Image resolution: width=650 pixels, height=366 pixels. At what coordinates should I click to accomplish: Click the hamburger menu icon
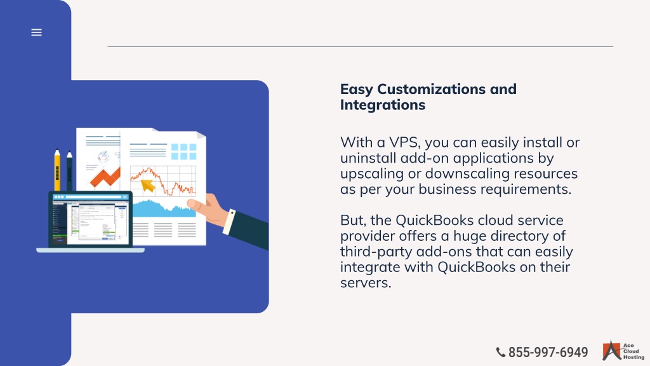pyautogui.click(x=36, y=32)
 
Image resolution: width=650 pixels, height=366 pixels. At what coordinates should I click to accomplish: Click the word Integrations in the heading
pyautogui.click(x=383, y=105)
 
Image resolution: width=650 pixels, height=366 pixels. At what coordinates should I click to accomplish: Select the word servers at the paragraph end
pyautogui.click(x=366, y=283)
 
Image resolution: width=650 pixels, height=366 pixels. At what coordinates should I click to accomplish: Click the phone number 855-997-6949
pyautogui.click(x=548, y=352)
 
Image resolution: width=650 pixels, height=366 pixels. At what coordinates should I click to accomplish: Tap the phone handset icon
pyautogui.click(x=501, y=352)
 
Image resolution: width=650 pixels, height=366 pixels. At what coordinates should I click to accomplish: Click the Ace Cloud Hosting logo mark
pyautogui.click(x=611, y=351)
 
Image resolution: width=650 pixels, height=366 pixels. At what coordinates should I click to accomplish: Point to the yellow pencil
pyautogui.click(x=57, y=170)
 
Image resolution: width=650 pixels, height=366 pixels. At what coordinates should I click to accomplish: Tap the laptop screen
pyautogui.click(x=90, y=219)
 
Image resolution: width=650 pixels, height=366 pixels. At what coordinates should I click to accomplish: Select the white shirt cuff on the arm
pyautogui.click(x=229, y=222)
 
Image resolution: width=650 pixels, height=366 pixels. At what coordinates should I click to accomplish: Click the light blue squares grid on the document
pyautogui.click(x=183, y=152)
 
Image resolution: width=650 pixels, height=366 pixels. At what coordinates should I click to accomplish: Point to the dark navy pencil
pyautogui.click(x=70, y=171)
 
